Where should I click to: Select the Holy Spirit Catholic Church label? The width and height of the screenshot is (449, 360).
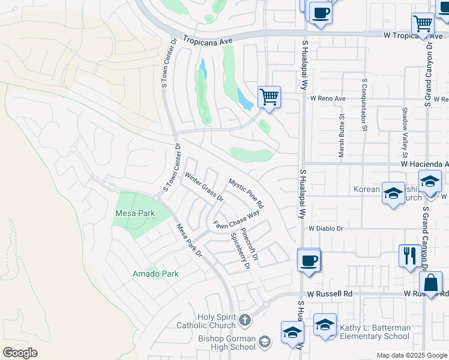[x=206, y=321]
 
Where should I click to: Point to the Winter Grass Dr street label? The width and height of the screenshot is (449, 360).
[x=204, y=187]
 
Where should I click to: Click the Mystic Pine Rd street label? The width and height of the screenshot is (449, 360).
[x=246, y=193]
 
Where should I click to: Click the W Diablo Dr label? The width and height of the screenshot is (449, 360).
[x=326, y=229]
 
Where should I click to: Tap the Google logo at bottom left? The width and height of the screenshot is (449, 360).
[x=20, y=352]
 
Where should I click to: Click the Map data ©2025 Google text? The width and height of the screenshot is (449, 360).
[x=412, y=355]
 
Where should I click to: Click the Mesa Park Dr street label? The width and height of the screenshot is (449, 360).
[x=189, y=241]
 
